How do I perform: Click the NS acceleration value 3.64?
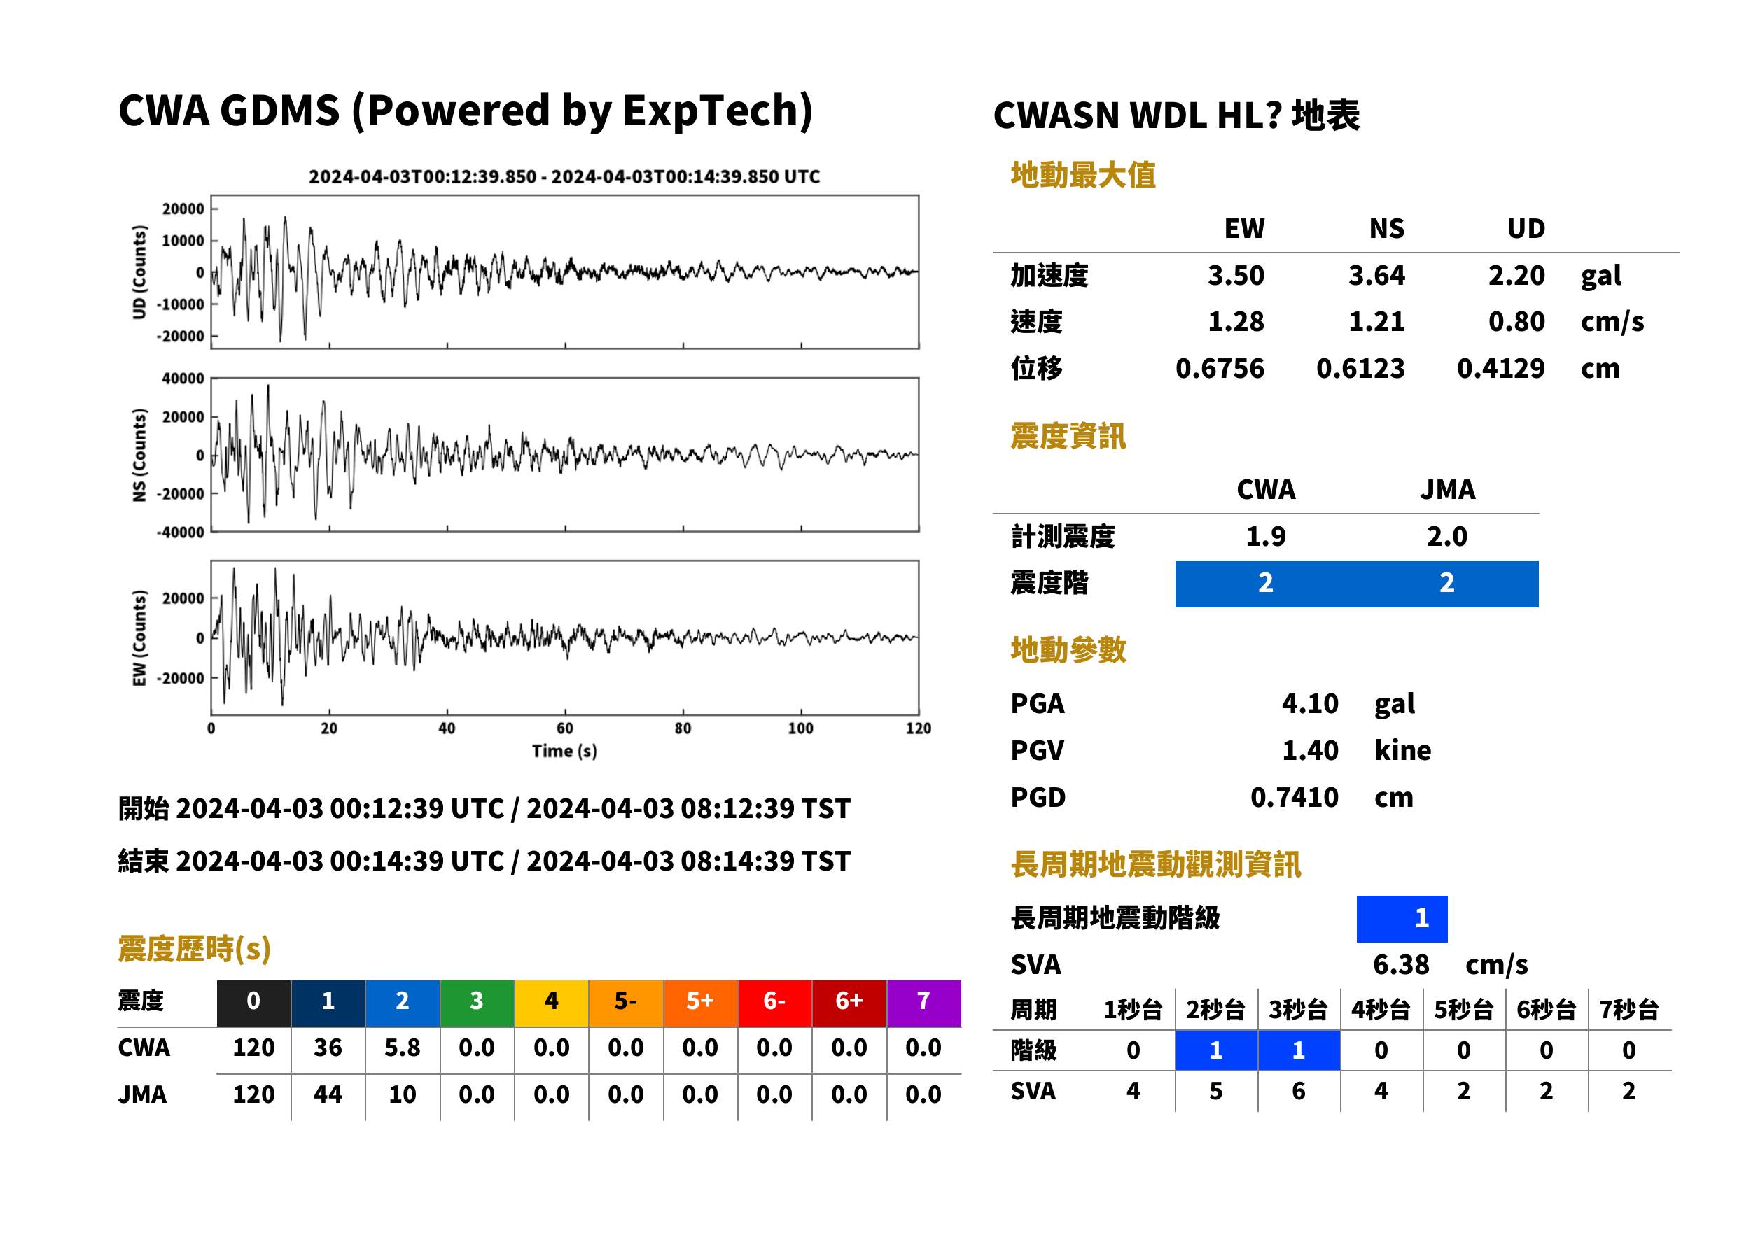[x=1376, y=276]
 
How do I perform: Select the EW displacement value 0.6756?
[x=1219, y=369]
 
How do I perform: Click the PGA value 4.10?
[x=1309, y=703]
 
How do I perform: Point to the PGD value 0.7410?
[x=1294, y=797]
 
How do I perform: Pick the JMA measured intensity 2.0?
[x=1446, y=537]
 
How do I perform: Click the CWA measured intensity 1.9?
[x=1266, y=537]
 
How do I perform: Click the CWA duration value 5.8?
[x=403, y=1048]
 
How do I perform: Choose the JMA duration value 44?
[x=328, y=1095]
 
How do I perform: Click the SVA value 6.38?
[x=1400, y=965]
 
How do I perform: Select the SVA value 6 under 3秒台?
[x=1298, y=1091]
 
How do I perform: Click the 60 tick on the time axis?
[x=564, y=728]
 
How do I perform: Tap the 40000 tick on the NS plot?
[x=183, y=379]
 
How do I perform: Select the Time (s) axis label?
[x=564, y=752]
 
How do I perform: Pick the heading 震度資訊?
[x=1068, y=436]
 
